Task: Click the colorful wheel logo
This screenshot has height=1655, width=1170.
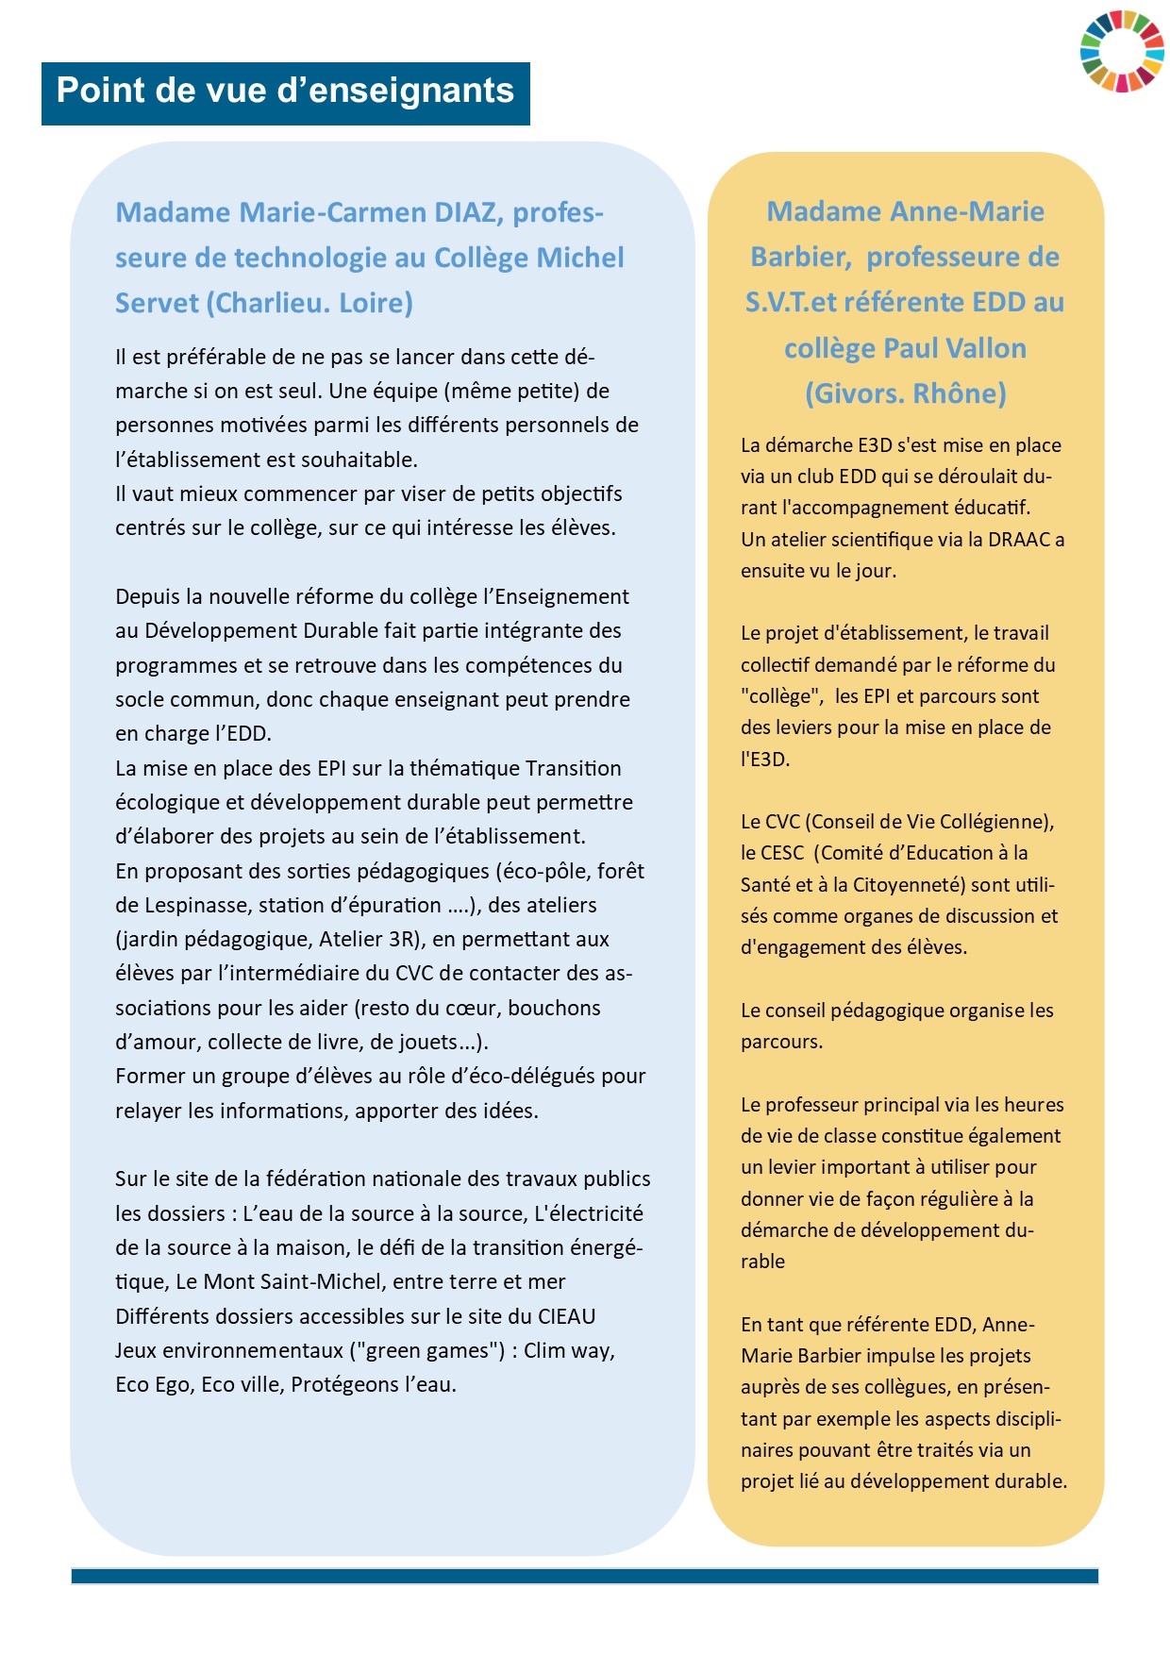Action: pos(1122,51)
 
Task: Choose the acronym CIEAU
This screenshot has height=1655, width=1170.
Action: pos(566,1316)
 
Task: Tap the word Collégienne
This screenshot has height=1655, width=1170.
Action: pos(994,822)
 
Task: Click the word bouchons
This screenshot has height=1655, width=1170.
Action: pos(554,1008)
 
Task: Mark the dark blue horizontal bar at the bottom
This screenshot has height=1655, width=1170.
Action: pos(585,1576)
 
